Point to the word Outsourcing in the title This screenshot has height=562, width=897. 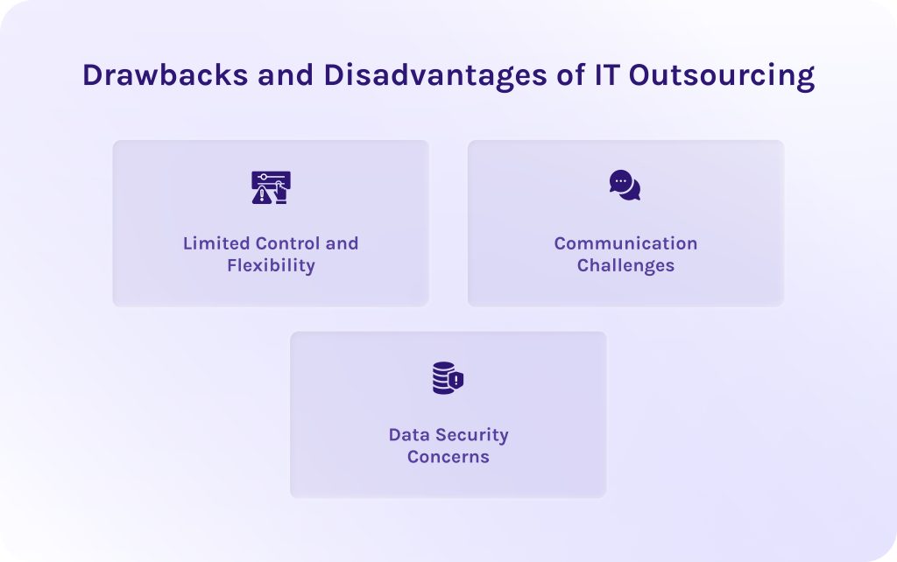[710, 75]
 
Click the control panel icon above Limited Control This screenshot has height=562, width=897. [271, 187]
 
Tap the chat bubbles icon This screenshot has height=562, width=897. [625, 185]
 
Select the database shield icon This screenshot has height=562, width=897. [448, 378]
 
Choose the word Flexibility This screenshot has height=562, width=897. [271, 265]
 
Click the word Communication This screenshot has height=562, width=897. [625, 243]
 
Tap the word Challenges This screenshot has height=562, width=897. [625, 265]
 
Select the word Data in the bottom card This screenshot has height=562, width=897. [407, 434]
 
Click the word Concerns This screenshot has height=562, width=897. [448, 456]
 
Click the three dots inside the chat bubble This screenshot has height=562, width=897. [621, 180]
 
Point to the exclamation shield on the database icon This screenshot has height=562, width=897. [456, 381]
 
